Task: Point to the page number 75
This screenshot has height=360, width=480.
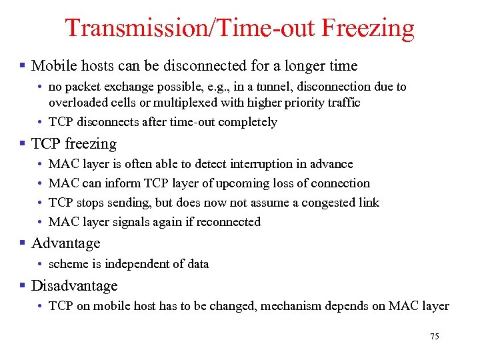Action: [435, 337]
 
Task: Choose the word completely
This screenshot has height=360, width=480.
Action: [251, 122]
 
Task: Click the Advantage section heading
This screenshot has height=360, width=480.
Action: [65, 243]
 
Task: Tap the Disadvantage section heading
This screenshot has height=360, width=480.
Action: [74, 286]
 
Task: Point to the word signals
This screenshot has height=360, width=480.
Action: [135, 222]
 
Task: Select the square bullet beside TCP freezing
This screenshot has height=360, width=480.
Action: [23, 144]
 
